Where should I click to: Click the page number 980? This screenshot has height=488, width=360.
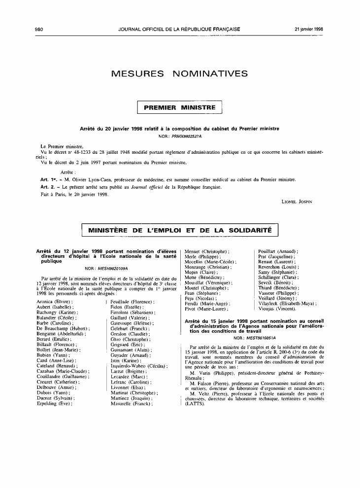click(x=40, y=29)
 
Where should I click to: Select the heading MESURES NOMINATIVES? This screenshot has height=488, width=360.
click(x=180, y=74)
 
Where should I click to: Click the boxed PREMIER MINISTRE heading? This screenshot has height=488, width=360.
click(x=180, y=107)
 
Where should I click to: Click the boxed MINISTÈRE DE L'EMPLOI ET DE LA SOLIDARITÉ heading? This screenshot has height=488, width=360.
click(x=180, y=230)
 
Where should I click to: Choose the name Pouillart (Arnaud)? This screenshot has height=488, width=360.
click(x=278, y=251)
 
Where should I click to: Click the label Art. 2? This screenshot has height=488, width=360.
click(x=48, y=187)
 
